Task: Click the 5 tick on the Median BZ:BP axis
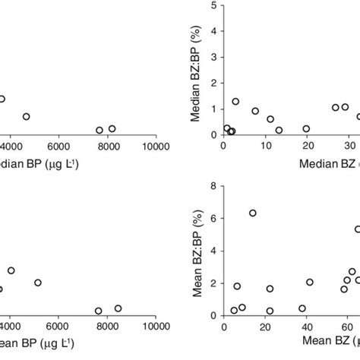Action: pos(213,5)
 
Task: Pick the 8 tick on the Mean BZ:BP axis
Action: pos(213,185)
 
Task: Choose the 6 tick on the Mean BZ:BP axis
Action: pos(213,218)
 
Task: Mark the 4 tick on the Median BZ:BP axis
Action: pos(213,31)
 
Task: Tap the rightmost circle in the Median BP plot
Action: pos(112,129)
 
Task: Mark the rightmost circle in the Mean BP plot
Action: pos(118,308)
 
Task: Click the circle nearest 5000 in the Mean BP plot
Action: pos(38,283)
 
